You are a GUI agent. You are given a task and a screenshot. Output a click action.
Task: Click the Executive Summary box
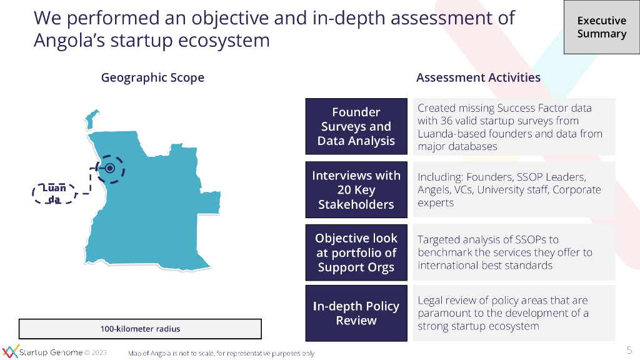click(x=601, y=27)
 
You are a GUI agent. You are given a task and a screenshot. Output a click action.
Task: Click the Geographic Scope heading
click(x=152, y=77)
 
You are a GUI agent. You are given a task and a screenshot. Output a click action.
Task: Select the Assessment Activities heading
click(x=478, y=77)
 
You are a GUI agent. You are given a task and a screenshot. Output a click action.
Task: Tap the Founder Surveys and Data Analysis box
click(x=356, y=126)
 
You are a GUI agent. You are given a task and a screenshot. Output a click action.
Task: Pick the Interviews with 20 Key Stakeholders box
click(x=356, y=190)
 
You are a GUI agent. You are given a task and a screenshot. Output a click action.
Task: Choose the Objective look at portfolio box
click(x=356, y=252)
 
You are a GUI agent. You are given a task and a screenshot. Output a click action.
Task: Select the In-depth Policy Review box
click(x=356, y=313)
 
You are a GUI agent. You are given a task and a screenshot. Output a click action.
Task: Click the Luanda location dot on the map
click(x=110, y=168)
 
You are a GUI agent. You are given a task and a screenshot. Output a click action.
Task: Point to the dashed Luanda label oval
click(x=54, y=193)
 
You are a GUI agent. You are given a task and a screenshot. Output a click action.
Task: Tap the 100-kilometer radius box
click(x=140, y=329)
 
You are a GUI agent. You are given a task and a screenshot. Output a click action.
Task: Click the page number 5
click(x=629, y=349)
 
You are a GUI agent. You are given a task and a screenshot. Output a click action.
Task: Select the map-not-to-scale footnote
click(x=221, y=353)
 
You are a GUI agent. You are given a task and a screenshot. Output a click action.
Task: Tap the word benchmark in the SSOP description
click(x=442, y=252)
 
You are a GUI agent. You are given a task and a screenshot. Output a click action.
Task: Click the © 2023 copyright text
click(x=96, y=352)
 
